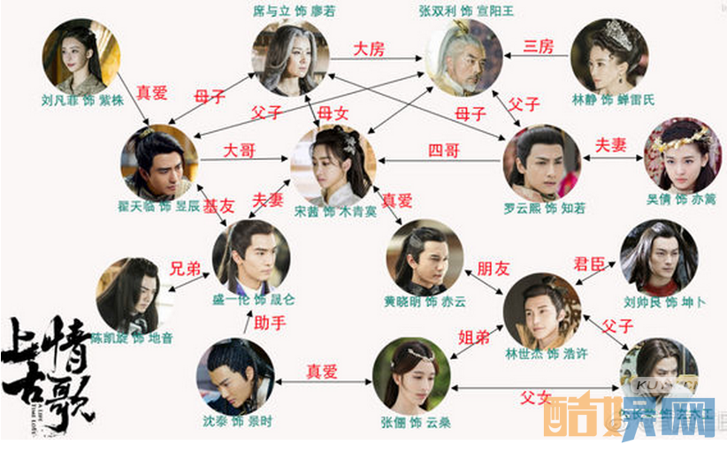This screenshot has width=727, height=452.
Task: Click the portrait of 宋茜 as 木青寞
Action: pyautogui.click(x=333, y=165)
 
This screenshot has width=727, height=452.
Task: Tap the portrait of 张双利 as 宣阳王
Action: pyautogui.click(x=464, y=57)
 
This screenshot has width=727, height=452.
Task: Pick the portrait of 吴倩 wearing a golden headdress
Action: pyautogui.click(x=682, y=155)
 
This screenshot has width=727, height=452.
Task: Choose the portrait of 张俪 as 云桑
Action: pyautogui.click(x=411, y=376)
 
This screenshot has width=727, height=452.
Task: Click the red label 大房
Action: pyautogui.click(x=369, y=49)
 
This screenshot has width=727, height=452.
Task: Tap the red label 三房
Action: pyautogui.click(x=539, y=46)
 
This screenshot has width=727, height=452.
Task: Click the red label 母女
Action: pyautogui.click(x=333, y=112)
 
